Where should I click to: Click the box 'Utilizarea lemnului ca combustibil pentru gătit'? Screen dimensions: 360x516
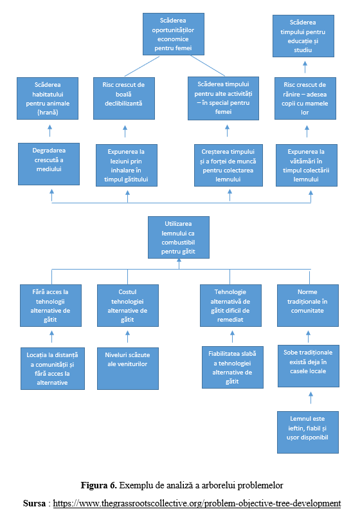point(179,237)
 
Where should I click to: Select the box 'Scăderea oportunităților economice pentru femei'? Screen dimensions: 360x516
point(174,34)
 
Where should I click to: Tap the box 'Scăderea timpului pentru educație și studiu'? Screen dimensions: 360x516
point(303,36)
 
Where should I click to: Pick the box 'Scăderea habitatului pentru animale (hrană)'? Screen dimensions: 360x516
point(48,98)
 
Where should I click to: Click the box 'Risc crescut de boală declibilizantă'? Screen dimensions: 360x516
point(124,98)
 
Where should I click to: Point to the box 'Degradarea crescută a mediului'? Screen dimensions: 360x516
point(49,164)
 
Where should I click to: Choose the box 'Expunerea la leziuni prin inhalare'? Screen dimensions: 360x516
point(127,165)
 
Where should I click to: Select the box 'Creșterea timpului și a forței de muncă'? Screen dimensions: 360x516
point(228,165)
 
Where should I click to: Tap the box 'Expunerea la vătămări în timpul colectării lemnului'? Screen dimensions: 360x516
point(307,165)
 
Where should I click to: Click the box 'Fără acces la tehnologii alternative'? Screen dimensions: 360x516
point(51,306)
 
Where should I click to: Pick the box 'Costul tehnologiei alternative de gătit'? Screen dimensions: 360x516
point(128,306)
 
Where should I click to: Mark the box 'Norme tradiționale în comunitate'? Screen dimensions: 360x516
point(308,306)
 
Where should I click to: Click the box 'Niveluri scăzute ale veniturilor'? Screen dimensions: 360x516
point(128,369)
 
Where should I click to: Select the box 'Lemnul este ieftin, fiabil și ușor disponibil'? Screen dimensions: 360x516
point(308,432)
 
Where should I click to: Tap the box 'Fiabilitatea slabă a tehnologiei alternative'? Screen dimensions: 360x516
point(233,367)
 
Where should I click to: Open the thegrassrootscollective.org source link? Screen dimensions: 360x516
point(197,503)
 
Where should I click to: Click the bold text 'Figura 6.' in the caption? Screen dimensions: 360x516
point(99,485)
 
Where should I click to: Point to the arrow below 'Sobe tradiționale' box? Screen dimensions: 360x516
point(310,398)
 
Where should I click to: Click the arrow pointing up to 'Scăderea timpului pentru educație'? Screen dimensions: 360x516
point(305,67)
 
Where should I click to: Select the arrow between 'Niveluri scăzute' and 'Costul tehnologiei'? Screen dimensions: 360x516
point(127,337)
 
